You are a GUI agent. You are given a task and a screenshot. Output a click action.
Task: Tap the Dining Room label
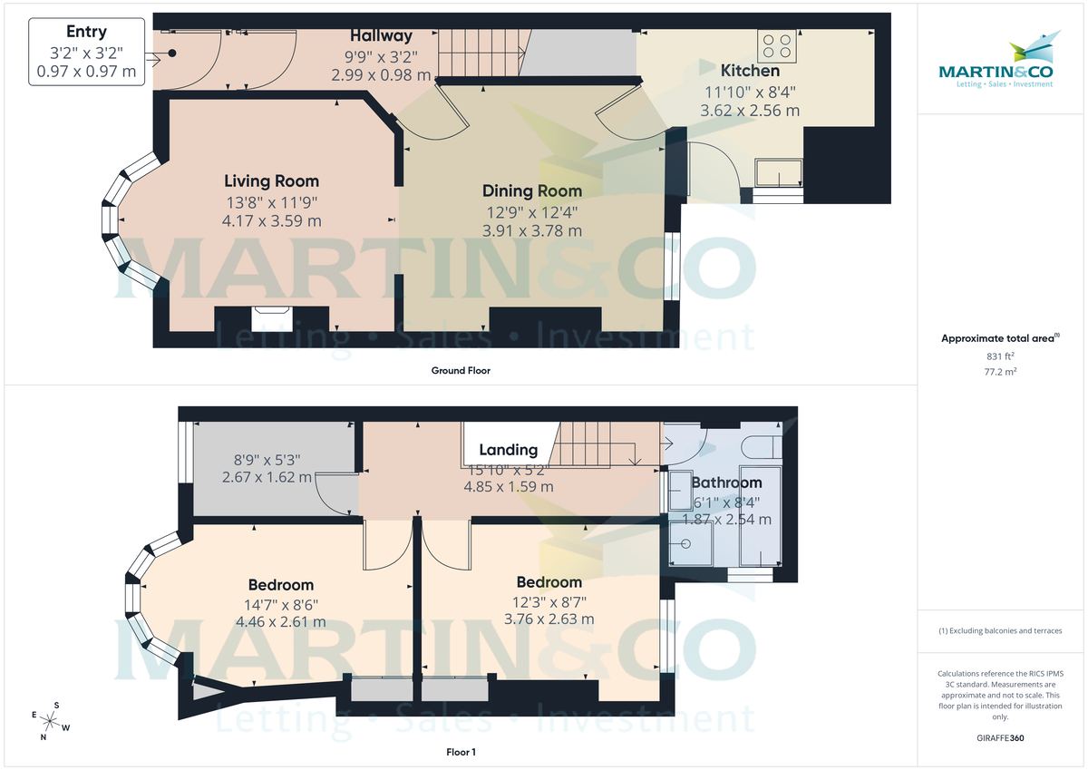532,190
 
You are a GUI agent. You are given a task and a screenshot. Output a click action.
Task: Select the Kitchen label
750,71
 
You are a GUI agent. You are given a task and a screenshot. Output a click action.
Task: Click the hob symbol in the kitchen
777,45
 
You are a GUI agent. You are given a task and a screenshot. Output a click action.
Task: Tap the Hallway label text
381,36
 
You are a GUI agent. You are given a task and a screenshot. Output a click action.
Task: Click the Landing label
508,450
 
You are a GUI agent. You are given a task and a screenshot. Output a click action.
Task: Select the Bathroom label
726,482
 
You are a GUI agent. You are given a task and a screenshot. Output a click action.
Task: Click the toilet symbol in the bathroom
760,444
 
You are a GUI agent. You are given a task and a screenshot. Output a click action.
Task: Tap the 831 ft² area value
1000,356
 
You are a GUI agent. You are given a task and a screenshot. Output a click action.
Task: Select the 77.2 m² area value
1000,372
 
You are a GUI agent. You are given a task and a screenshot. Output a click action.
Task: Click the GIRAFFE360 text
1000,738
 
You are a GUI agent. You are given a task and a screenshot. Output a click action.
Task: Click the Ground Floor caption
461,370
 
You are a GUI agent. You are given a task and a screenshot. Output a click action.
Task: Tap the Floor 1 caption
461,752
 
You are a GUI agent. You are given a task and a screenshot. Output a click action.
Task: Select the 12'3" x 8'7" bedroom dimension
549,600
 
